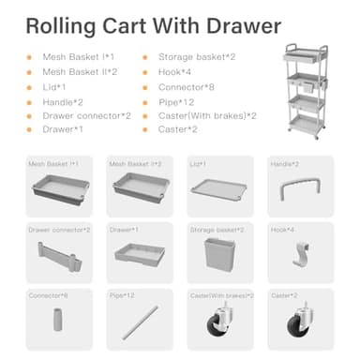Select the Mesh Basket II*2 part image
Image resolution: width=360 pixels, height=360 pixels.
click(140, 187)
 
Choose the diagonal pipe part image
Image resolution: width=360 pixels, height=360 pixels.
click(140, 324)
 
